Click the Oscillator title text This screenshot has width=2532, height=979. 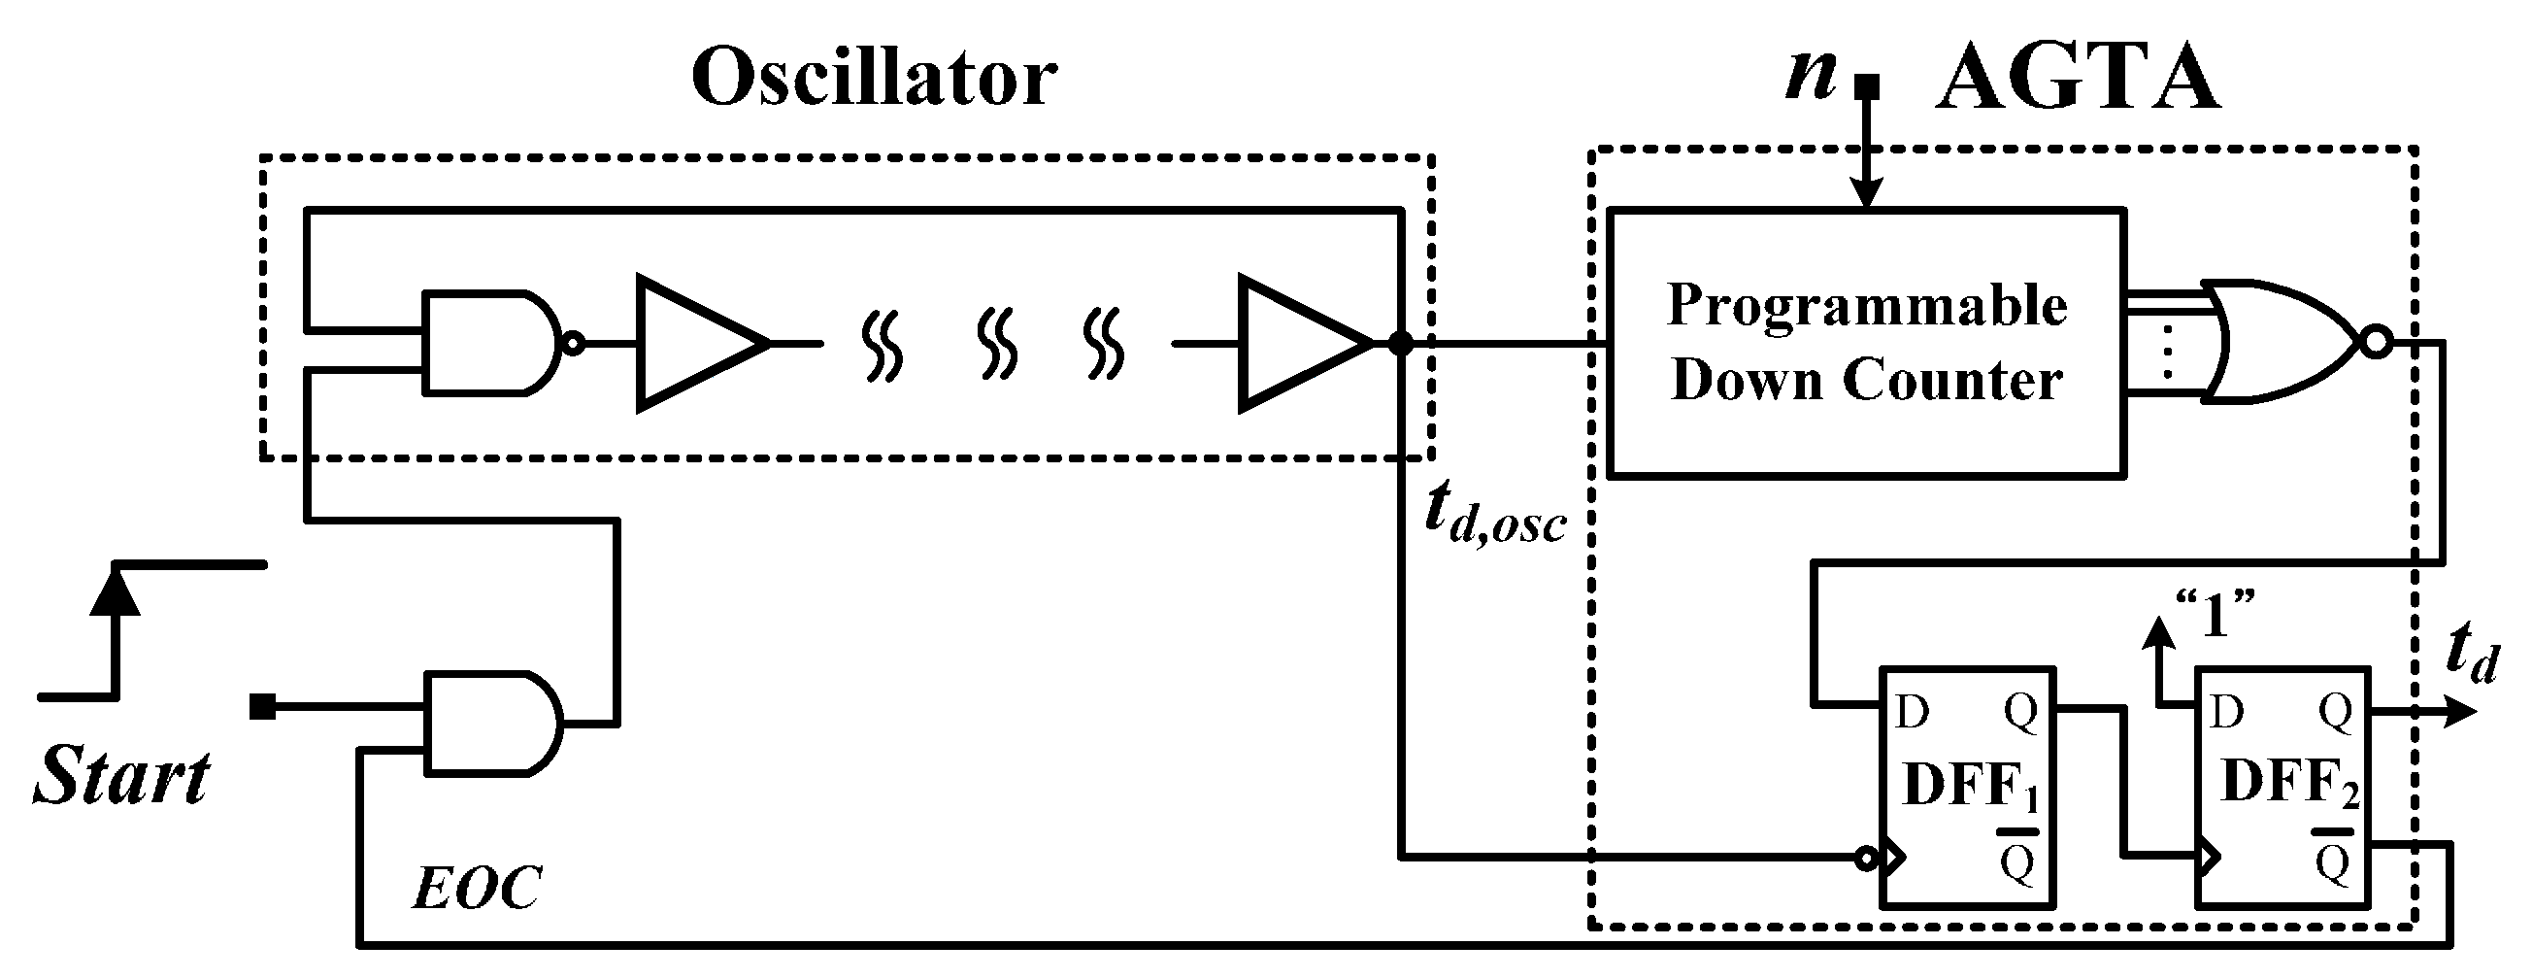tap(874, 79)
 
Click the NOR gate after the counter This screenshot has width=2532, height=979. tap(2281, 342)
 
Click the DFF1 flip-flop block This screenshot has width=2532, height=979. tap(1966, 787)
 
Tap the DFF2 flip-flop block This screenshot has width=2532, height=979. tap(2282, 787)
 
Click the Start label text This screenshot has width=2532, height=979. tap(122, 777)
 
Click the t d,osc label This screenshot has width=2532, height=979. tap(1494, 515)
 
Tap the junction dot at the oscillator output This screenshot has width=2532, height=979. tap(1400, 344)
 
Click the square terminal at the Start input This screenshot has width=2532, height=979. tap(262, 706)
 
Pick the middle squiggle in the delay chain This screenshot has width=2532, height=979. tap(998, 343)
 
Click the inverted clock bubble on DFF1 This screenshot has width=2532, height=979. tap(1865, 860)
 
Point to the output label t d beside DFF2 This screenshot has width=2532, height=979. tap(2470, 653)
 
